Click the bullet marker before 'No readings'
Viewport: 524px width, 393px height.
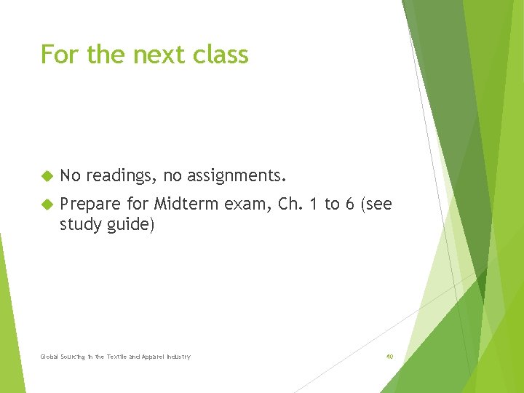pos(47,176)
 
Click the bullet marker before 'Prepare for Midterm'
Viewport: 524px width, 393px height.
pos(47,205)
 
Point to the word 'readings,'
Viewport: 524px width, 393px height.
pos(122,176)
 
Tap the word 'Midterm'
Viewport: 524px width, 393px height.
pos(186,205)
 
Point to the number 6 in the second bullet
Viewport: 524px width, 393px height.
pos(349,205)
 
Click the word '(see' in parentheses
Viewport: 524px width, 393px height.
pos(376,205)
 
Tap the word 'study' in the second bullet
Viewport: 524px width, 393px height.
pos(80,225)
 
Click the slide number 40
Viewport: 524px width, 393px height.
pos(389,357)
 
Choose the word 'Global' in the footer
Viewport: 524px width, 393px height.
pos(49,357)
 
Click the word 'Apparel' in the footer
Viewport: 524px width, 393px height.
pos(154,357)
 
